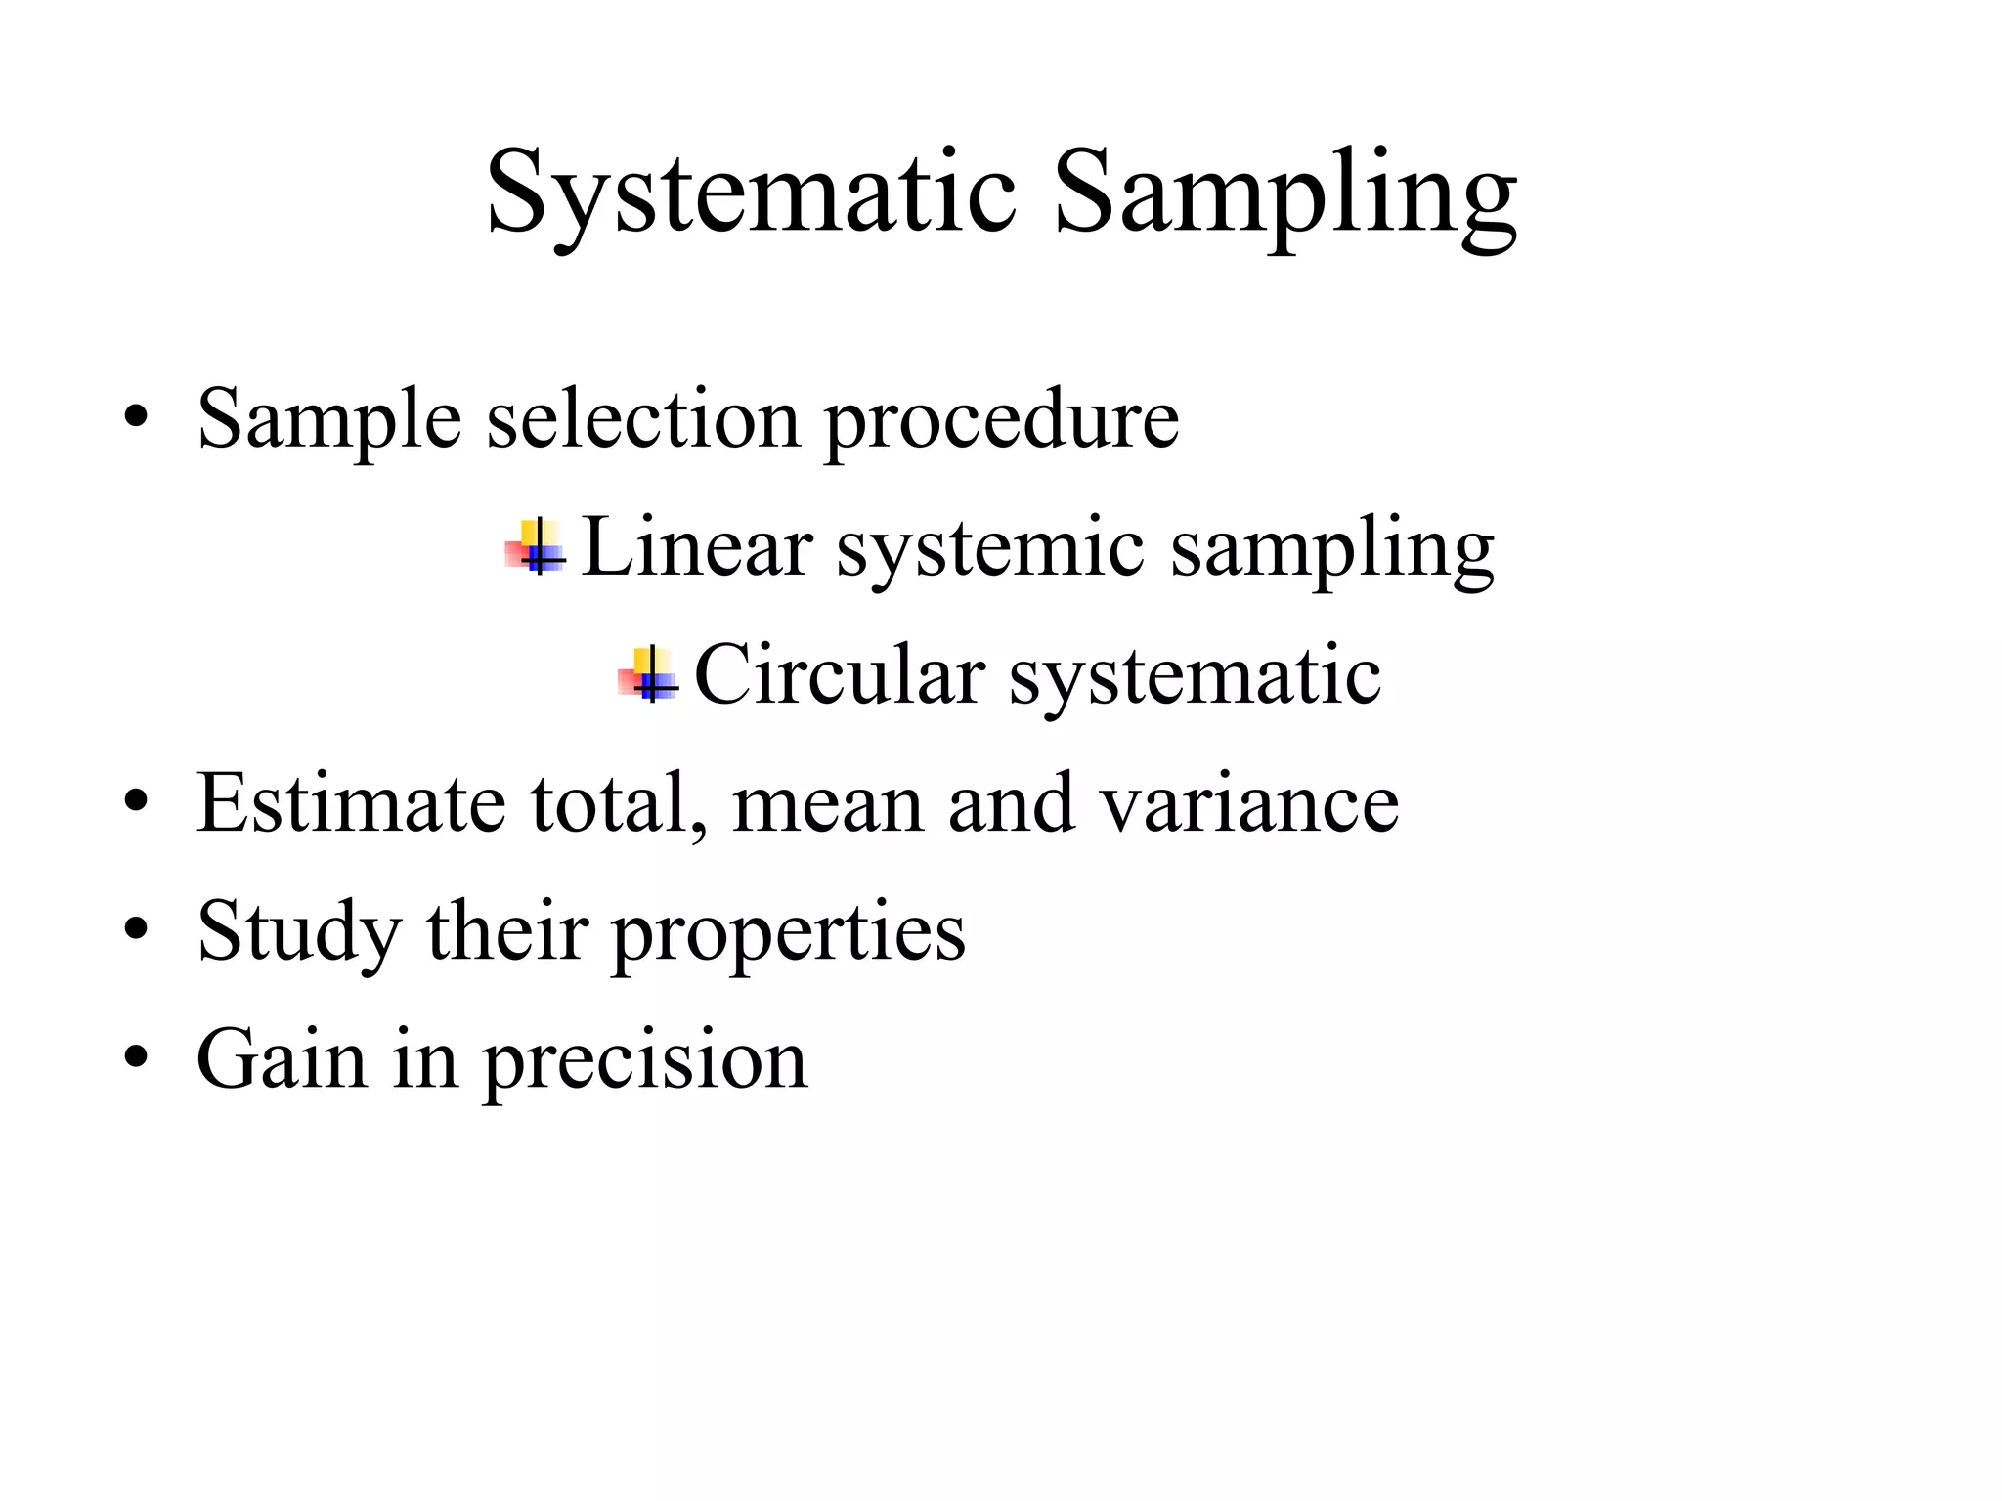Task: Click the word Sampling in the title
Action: pyautogui.click(x=1285, y=193)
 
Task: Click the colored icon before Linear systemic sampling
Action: pyautogui.click(x=536, y=547)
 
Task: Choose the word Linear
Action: pyautogui.click(x=696, y=547)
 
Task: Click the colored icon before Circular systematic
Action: pyautogui.click(x=648, y=675)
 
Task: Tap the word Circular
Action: pyautogui.click(x=839, y=675)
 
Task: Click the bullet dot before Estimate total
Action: pyautogui.click(x=136, y=803)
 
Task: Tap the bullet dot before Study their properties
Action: pyautogui.click(x=136, y=930)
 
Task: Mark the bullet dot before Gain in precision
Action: pyautogui.click(x=136, y=1058)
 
